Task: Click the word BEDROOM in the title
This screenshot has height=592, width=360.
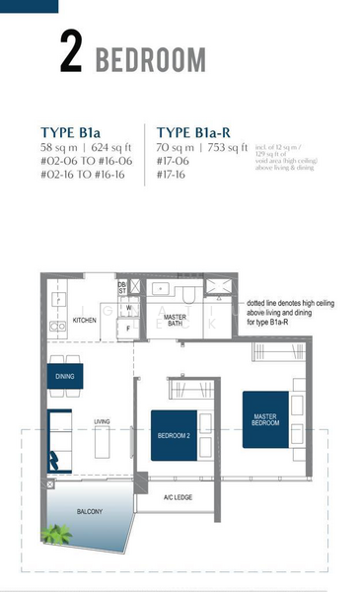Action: pos(151,58)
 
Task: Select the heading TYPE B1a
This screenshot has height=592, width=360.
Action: pos(72,131)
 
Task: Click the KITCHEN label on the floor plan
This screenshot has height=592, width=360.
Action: pos(86,321)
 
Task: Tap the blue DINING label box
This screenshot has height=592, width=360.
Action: pos(65,375)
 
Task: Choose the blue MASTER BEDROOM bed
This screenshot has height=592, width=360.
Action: pos(265,423)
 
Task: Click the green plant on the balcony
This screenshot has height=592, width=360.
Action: pos(57,534)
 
